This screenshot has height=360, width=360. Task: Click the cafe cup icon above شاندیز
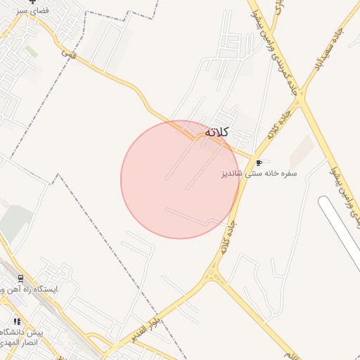point(259,162)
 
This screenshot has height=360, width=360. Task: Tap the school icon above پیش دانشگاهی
point(16,321)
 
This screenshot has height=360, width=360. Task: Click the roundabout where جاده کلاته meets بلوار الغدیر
point(214,274)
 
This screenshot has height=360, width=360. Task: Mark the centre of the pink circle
point(180,179)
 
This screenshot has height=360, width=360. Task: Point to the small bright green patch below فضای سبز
point(31,51)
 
